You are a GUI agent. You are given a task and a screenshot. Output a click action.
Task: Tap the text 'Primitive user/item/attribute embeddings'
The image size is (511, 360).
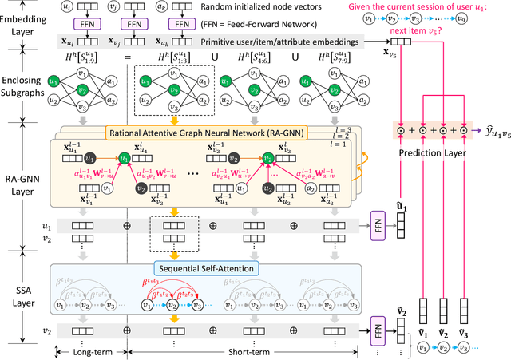pyautogui.click(x=301, y=43)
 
